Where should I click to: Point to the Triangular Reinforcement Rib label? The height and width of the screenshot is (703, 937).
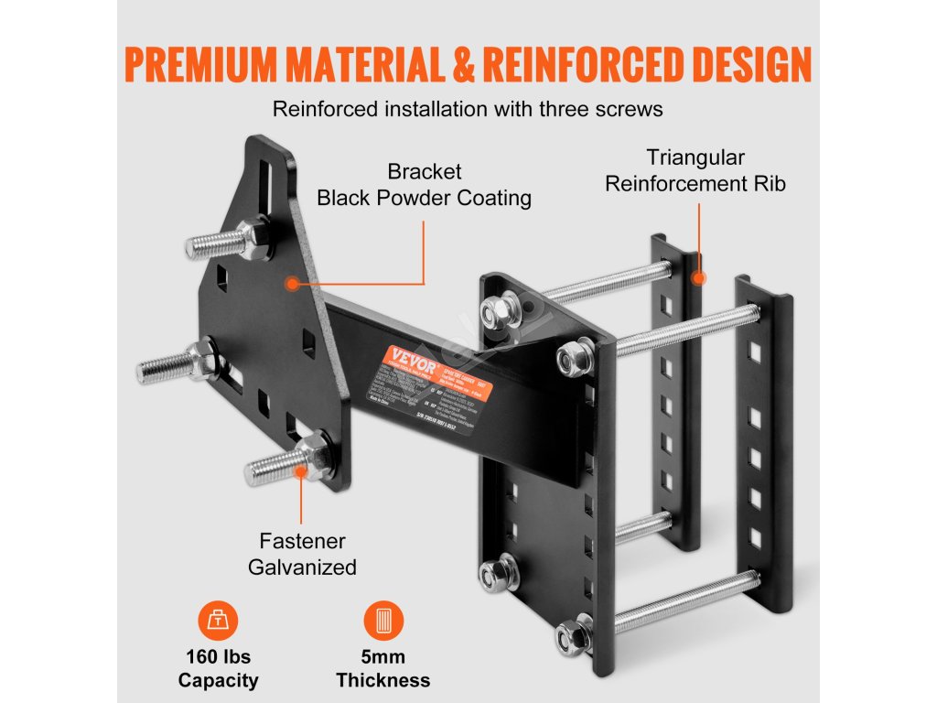click(695, 170)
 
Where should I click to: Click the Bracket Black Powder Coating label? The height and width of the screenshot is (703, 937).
click(424, 185)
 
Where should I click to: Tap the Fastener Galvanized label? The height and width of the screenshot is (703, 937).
click(302, 554)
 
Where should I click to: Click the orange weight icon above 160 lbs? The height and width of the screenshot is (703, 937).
click(217, 622)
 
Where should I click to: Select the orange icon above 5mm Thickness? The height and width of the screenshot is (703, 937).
click(382, 622)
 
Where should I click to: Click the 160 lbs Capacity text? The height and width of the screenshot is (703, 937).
click(218, 668)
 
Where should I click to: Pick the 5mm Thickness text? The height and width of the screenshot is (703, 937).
click(382, 668)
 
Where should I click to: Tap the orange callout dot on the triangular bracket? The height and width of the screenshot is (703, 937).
click(292, 284)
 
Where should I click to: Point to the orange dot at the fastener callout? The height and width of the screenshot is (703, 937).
click(303, 472)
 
